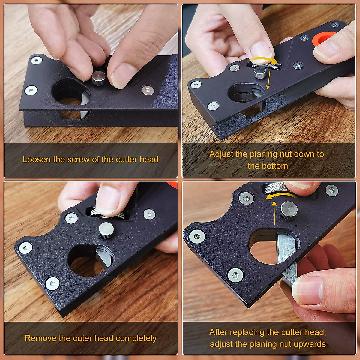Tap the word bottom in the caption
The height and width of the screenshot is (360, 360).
pos(273,166)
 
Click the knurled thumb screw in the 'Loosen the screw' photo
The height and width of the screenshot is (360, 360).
pos(98,78)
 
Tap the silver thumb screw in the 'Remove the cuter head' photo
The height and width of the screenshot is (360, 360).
pos(106,230)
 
